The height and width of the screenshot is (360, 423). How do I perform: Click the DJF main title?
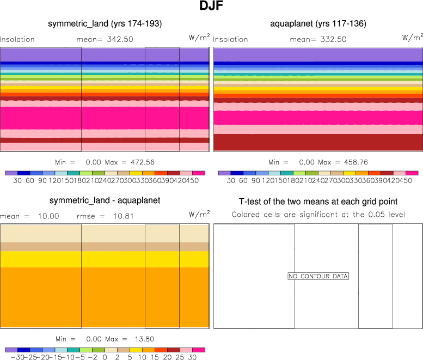[x=211, y=7]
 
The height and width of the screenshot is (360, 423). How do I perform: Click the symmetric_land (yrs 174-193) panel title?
[x=105, y=24]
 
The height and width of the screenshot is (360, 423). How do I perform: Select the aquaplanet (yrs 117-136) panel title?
[x=318, y=24]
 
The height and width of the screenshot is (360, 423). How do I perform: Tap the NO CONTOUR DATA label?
[x=318, y=276]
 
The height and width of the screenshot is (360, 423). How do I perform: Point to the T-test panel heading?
[x=318, y=201]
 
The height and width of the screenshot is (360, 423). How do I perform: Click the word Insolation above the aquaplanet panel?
[x=230, y=39]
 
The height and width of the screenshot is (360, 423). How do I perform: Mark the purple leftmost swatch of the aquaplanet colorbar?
[x=224, y=173]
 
